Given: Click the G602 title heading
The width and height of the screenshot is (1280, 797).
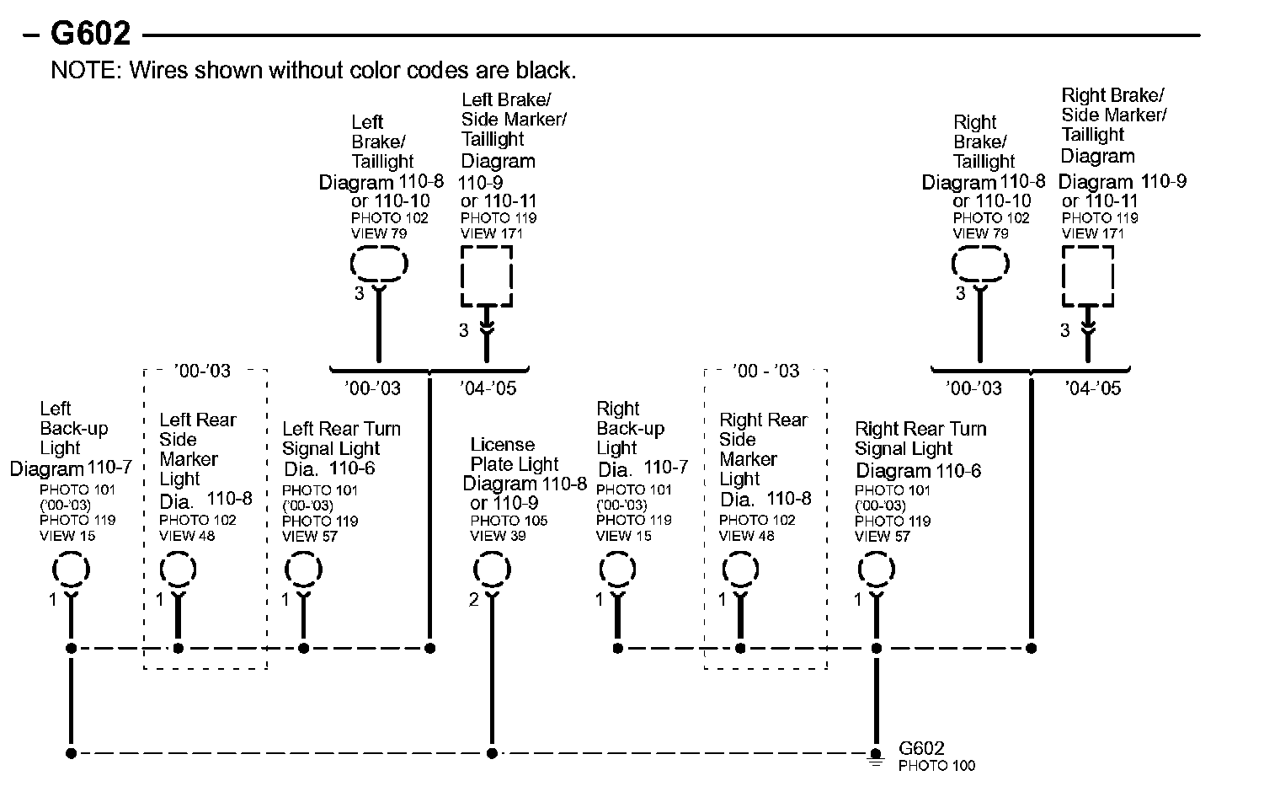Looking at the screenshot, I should coord(90,34).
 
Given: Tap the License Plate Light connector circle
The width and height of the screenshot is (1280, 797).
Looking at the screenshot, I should coord(492,570).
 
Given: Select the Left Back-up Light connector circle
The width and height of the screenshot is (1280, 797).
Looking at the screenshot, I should coord(72,570).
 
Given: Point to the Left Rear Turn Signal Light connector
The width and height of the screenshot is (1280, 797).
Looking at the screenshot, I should coord(303,570).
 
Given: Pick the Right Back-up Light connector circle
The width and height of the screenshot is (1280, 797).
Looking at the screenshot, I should coord(617,570).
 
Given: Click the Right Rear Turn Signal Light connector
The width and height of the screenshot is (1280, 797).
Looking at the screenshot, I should coord(876,570).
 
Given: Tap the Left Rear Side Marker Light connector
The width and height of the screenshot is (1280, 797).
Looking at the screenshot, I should coord(178,570).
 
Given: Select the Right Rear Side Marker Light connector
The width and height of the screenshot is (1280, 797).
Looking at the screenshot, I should coord(740,570).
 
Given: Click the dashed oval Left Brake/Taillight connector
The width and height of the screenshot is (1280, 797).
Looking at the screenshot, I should coord(379,265).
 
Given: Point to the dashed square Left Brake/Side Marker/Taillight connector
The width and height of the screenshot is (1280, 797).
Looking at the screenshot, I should coord(486,276).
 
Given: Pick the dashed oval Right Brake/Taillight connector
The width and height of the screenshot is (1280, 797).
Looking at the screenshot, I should coord(980,265).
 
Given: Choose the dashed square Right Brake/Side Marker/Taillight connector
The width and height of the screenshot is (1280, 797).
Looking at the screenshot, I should coord(1088,276).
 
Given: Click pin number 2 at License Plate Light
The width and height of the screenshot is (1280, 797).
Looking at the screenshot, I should coord(474,600).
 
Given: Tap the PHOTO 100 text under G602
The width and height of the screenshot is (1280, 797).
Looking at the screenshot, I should coord(936,766).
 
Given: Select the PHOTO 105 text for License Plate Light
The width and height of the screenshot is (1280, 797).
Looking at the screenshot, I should coord(509,521).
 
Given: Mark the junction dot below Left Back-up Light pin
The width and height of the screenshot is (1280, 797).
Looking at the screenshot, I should coord(72,648).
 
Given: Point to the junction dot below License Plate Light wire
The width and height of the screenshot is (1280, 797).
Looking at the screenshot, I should coord(492,753).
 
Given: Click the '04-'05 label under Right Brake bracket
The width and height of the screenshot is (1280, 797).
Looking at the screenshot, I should coord(1093,388).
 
